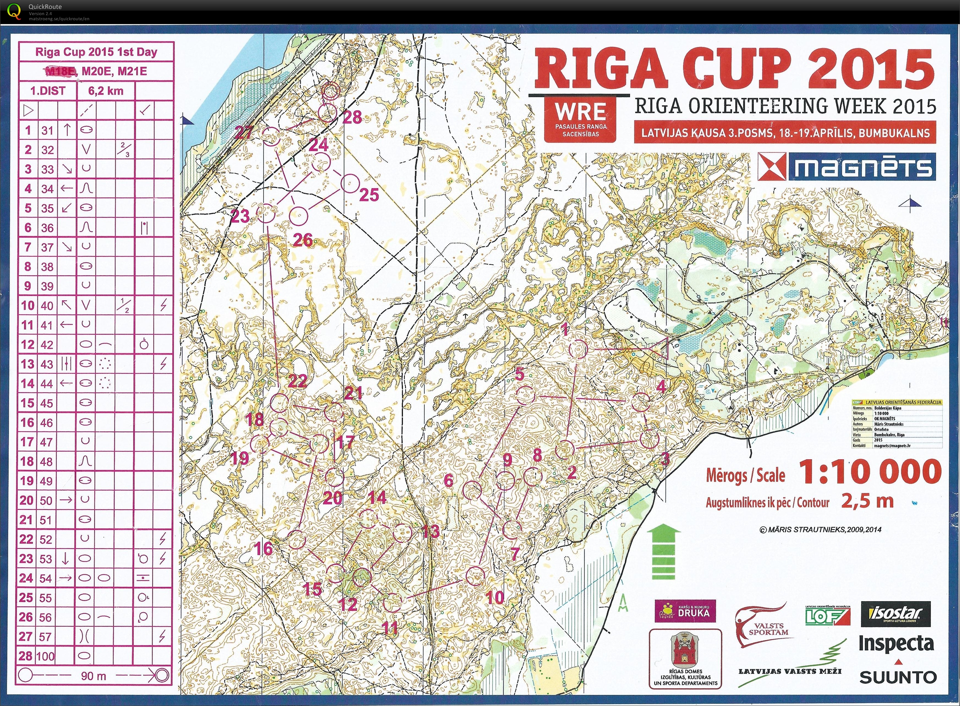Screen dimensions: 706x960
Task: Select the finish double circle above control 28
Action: coord(330,91)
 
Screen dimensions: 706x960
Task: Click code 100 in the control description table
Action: coord(47,656)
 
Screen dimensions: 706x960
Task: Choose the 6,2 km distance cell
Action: coord(106,91)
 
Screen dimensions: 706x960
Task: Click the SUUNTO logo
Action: coord(897,677)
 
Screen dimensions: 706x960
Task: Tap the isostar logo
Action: coord(897,614)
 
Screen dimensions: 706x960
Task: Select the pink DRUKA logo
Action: coord(685,611)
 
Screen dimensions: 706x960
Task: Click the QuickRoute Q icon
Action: coord(14,11)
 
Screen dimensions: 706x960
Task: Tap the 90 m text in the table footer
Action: coord(94,676)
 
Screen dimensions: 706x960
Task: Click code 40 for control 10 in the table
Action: coord(47,306)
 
